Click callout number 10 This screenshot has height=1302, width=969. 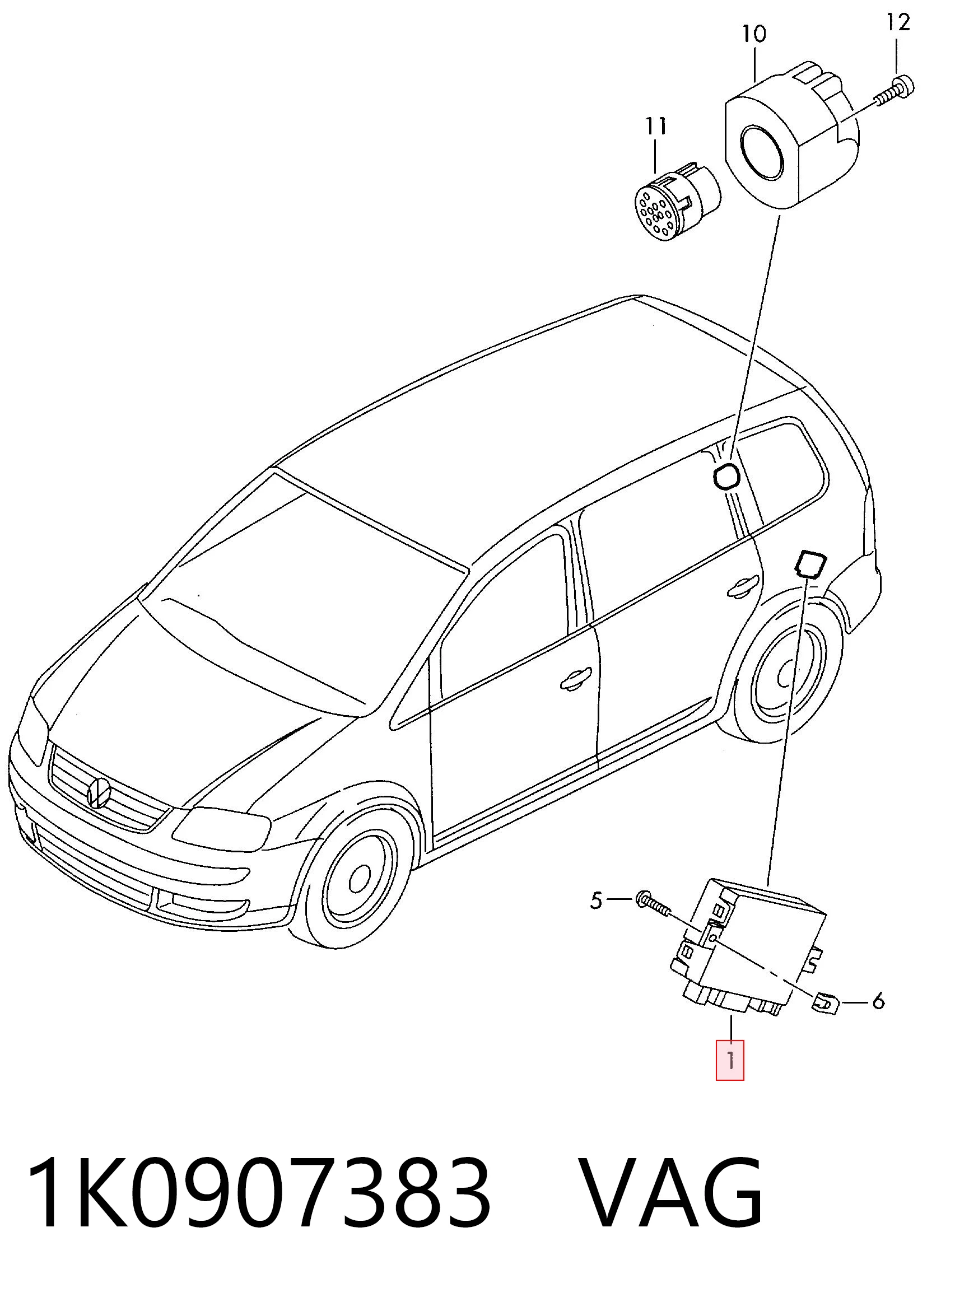point(754,34)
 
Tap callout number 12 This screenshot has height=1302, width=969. point(897,22)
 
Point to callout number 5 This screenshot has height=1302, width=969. point(596,900)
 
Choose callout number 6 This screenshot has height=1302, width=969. point(878,1001)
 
